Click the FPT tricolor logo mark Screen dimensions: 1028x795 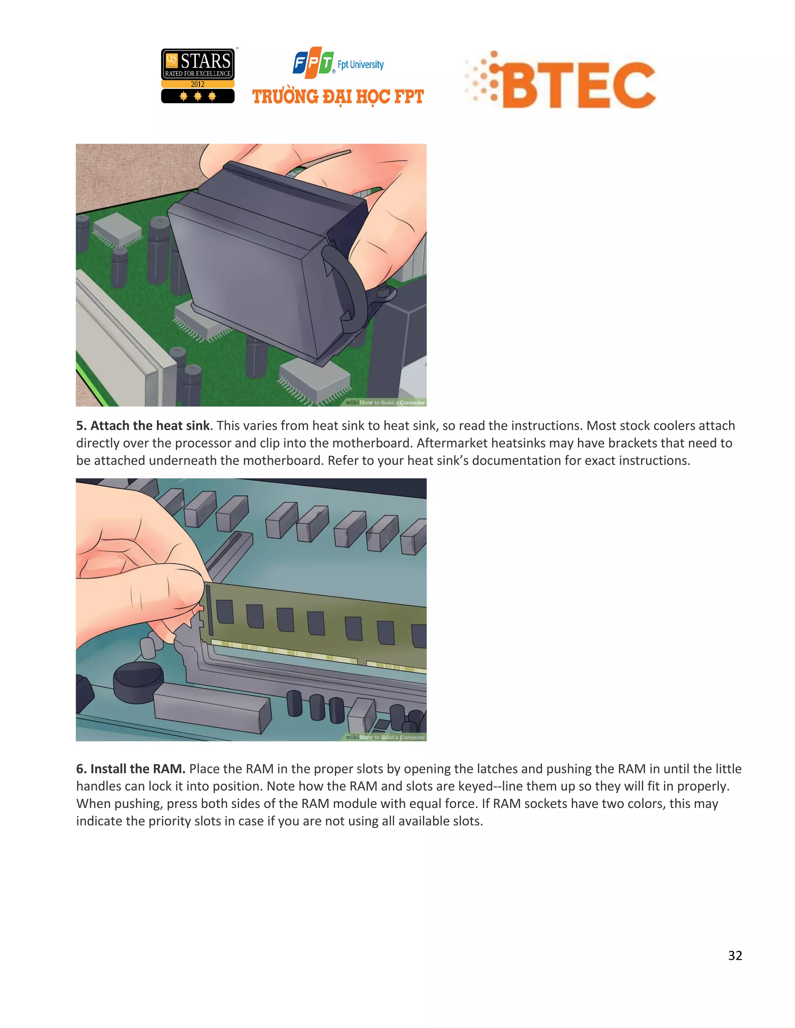pyautogui.click(x=313, y=62)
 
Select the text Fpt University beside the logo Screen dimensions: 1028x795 pyautogui.click(x=360, y=65)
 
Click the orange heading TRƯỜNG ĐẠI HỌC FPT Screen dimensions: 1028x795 pyautogui.click(x=338, y=97)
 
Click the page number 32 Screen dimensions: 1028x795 pyautogui.click(x=735, y=955)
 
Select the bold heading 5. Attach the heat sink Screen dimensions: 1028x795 pyautogui.click(x=143, y=426)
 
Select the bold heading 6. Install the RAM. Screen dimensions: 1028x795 pyautogui.click(x=130, y=768)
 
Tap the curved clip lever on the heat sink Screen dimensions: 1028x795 pyautogui.click(x=346, y=287)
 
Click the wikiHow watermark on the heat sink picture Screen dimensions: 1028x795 pyautogui.click(x=385, y=402)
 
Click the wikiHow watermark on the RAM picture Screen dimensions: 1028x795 pyautogui.click(x=385, y=737)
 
